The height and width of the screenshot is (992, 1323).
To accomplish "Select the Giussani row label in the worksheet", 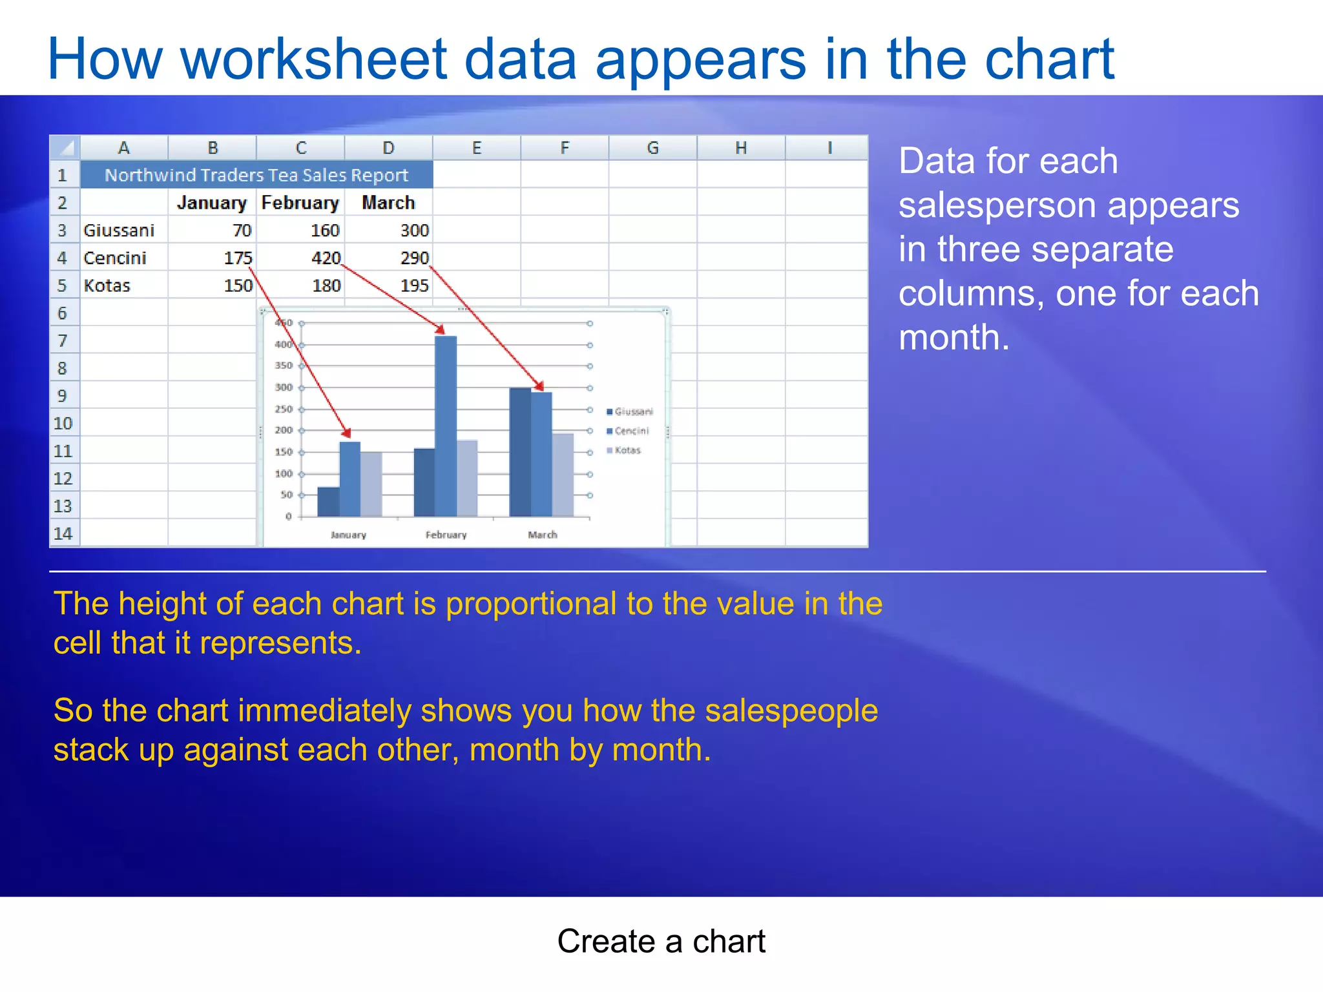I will (x=119, y=231).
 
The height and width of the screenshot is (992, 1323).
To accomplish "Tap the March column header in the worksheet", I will (x=388, y=203).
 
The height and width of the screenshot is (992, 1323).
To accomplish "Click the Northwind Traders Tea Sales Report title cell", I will (x=256, y=175).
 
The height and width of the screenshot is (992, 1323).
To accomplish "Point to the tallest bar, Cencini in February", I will (x=446, y=426).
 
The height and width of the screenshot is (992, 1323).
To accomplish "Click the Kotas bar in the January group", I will (x=371, y=484).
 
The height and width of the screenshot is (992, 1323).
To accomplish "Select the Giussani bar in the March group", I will (x=520, y=452).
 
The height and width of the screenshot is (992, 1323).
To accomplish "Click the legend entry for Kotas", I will (x=627, y=450).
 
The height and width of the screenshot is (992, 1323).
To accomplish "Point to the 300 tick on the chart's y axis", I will (x=284, y=387).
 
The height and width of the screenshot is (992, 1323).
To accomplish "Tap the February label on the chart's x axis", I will (x=446, y=535).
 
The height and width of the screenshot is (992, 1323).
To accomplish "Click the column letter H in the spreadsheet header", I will (x=741, y=148).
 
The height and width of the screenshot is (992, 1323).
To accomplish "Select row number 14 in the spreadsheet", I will (x=63, y=533).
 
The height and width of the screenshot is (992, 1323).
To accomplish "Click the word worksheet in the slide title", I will (x=314, y=59).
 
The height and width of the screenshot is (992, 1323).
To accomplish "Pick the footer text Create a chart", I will (x=661, y=941).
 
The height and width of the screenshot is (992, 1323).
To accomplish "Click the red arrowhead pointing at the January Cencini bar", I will (x=347, y=433).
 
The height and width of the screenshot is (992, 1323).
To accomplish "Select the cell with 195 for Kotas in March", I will (x=413, y=285).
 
